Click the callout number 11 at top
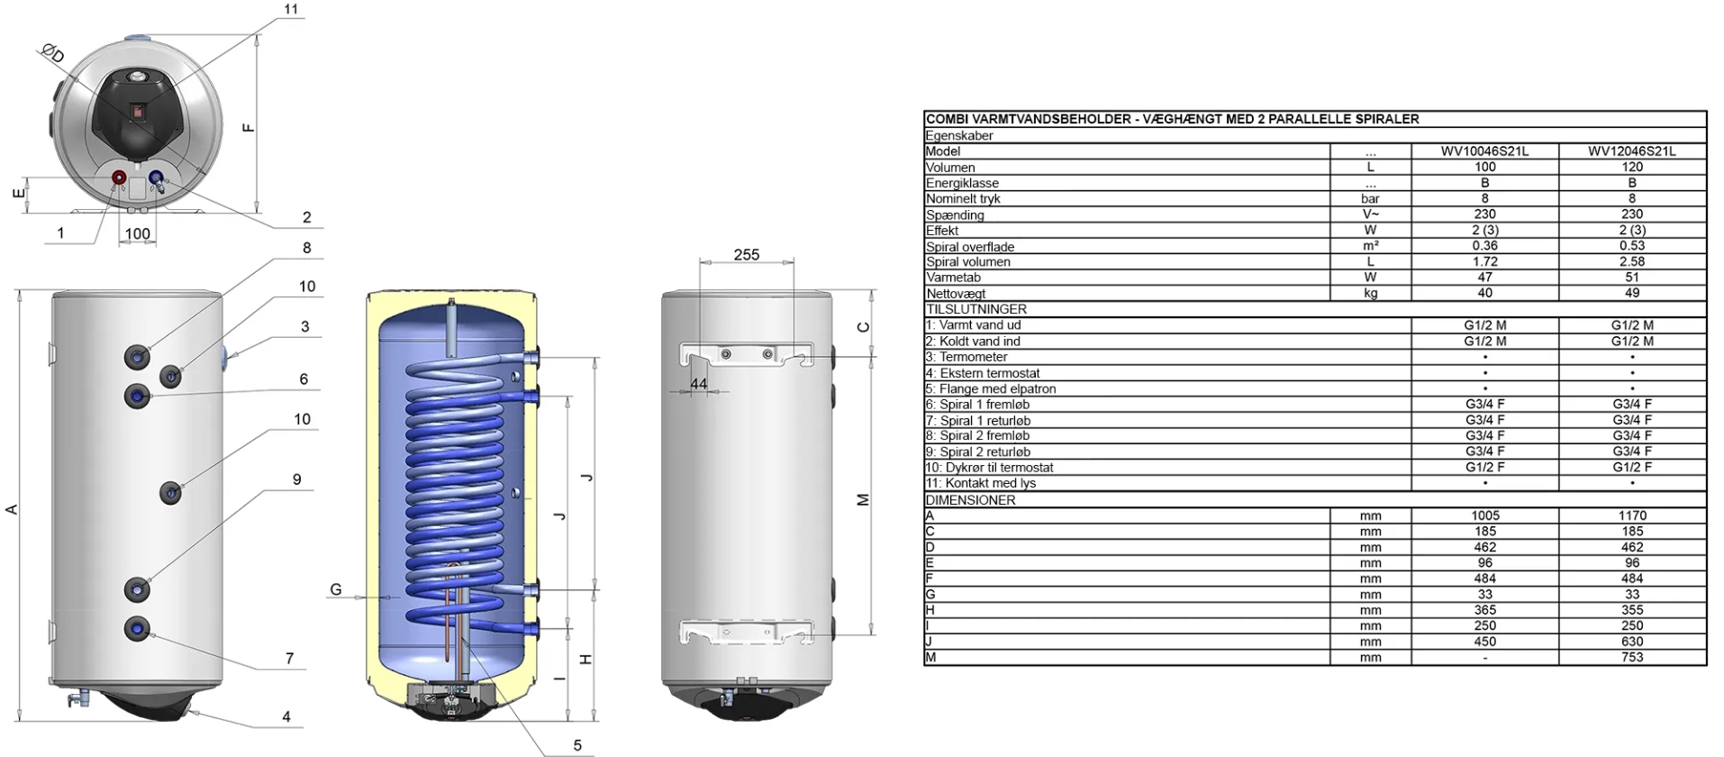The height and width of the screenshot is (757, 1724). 290,10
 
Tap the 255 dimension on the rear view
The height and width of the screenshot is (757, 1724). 747,255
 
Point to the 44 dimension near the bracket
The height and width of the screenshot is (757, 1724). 699,384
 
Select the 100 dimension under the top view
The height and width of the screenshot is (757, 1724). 138,234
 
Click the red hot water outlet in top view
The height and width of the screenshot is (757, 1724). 119,178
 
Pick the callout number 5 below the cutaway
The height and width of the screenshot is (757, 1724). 577,745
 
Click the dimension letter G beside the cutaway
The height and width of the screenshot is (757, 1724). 336,589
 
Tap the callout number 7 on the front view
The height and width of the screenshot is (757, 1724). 289,659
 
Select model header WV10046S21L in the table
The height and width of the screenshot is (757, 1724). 1484,151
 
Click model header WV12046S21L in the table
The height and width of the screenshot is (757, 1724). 1632,151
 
